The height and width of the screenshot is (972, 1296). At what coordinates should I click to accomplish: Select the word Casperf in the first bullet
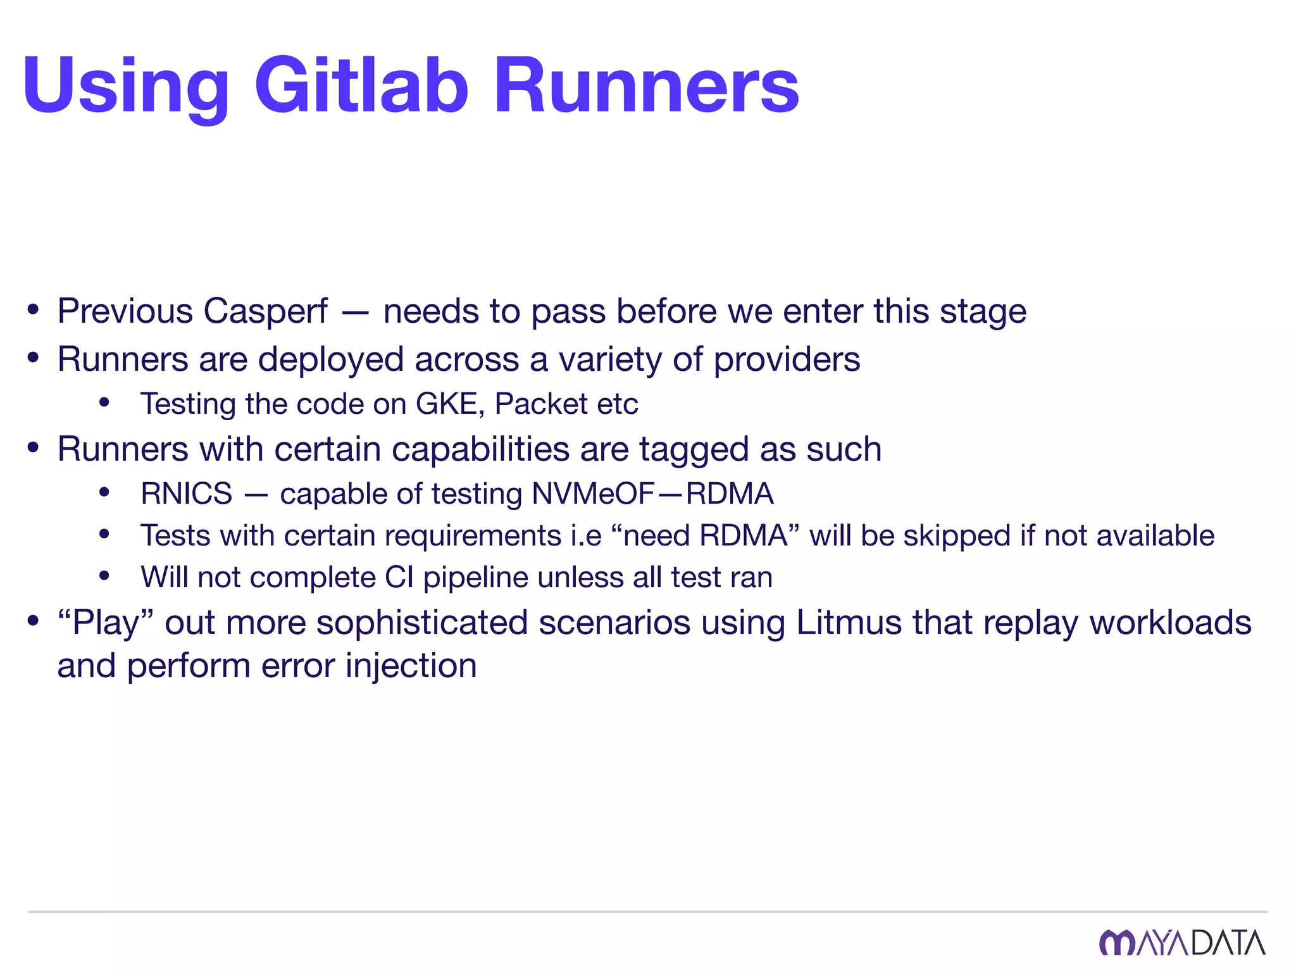(x=266, y=311)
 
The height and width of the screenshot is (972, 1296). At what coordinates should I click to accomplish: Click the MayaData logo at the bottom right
(x=1182, y=943)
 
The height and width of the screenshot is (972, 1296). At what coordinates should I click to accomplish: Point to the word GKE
(x=446, y=404)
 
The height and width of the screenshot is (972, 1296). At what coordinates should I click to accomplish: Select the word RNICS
(x=187, y=494)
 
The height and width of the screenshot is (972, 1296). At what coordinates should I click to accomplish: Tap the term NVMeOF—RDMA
(x=652, y=494)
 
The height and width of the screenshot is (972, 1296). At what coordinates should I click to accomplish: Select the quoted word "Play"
(x=106, y=623)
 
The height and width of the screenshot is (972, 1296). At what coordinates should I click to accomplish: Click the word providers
(x=787, y=359)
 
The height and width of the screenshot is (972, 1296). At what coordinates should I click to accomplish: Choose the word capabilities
(x=480, y=449)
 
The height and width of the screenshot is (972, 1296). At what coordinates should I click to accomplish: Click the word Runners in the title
(x=647, y=85)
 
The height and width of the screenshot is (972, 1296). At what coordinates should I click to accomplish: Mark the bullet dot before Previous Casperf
(x=34, y=311)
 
